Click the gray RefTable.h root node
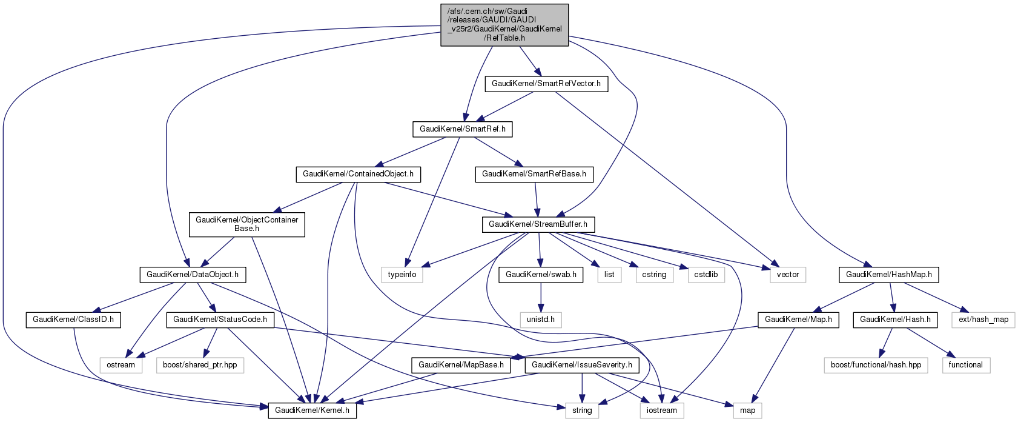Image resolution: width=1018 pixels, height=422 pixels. click(x=504, y=25)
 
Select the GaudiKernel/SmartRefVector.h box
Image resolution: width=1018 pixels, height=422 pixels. click(x=546, y=84)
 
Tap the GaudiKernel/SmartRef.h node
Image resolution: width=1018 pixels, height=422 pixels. click(x=462, y=129)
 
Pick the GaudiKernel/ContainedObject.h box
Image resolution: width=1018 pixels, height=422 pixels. click(x=358, y=174)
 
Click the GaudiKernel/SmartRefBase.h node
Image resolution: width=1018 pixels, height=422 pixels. click(x=534, y=174)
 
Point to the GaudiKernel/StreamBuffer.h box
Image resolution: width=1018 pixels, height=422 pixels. click(x=538, y=224)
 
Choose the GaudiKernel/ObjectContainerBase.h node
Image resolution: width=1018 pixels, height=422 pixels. click(x=246, y=224)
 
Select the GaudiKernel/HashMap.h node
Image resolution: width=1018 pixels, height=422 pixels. click(x=888, y=275)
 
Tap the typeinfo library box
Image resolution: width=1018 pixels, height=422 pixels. click(x=402, y=275)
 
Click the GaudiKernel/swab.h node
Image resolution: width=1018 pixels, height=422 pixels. click(x=540, y=275)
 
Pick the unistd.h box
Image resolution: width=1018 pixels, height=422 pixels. click(x=540, y=320)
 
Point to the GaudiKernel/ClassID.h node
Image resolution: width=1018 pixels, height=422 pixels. click(x=73, y=320)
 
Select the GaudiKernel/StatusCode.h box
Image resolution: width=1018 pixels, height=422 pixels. click(x=220, y=320)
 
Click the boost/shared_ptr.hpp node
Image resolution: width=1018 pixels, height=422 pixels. click(x=200, y=365)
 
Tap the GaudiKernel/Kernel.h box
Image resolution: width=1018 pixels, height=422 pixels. click(x=312, y=410)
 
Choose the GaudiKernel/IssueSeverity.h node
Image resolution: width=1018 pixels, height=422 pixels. click(x=581, y=365)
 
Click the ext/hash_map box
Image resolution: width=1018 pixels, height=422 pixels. click(x=983, y=320)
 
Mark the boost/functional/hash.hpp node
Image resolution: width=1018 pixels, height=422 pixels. click(x=876, y=365)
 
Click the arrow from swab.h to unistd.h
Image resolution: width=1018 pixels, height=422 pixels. click(x=540, y=297)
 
